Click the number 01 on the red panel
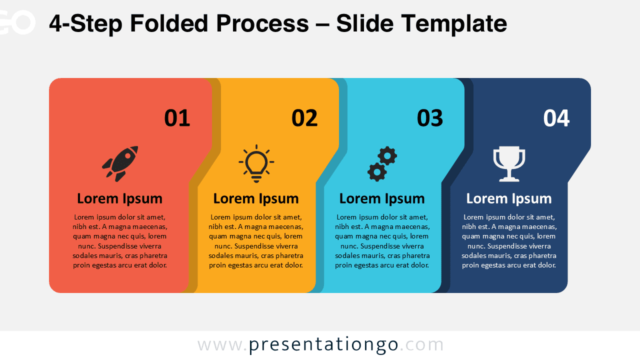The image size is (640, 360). point(177,118)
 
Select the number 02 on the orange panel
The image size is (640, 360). point(304,118)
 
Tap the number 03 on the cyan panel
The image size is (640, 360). point(430,118)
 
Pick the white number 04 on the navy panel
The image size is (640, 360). point(556,118)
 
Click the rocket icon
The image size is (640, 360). point(120,163)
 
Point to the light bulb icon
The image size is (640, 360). point(256,163)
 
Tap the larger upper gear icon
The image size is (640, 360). point(387,156)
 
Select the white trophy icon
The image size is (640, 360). point(509,163)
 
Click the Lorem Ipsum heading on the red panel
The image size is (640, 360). point(119,198)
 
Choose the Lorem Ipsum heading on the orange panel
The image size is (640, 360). point(256,198)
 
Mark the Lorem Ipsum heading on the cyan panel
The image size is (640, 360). point(382,198)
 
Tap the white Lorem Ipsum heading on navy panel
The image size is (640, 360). point(509,198)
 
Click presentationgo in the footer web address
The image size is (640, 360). point(323,344)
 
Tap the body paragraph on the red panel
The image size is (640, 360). point(119,241)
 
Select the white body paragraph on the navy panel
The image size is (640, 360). point(509,241)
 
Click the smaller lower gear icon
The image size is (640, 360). point(376,172)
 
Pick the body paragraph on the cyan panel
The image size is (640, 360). point(382,241)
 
